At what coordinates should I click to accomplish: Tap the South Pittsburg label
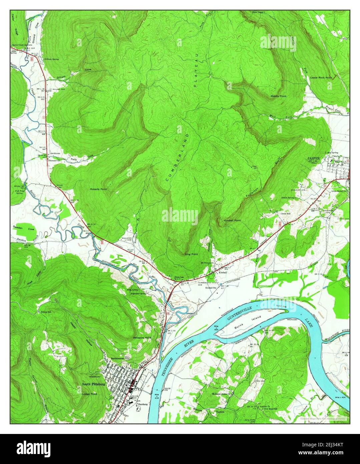(x=93, y=384)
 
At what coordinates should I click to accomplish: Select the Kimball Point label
(x=232, y=221)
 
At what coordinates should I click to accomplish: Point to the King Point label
(x=191, y=254)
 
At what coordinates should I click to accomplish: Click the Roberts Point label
(x=98, y=189)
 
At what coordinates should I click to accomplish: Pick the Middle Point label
(x=278, y=96)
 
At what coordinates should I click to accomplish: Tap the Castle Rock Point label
(x=321, y=77)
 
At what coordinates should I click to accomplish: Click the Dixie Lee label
(x=179, y=277)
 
